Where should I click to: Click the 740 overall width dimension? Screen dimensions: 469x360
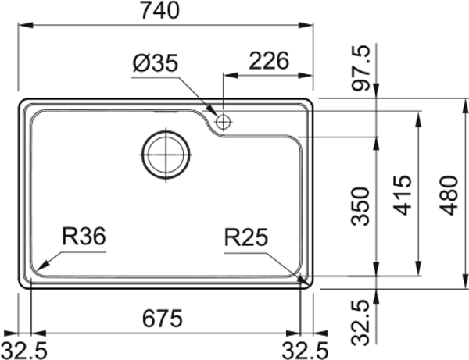coord(160,10)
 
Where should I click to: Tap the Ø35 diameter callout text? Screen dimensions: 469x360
coord(156,63)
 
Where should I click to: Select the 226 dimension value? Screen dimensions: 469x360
coord(269,61)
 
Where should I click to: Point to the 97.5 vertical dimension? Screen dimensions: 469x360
coord(361,68)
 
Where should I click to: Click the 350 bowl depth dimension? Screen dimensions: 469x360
coord(360,206)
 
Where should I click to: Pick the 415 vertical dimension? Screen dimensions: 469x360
coord(403,195)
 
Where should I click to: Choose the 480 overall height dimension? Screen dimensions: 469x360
coord(449,195)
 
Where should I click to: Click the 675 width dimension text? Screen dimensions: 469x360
coord(162,318)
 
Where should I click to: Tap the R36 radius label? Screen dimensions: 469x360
coord(84,236)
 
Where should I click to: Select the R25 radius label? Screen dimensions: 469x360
coord(246,237)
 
